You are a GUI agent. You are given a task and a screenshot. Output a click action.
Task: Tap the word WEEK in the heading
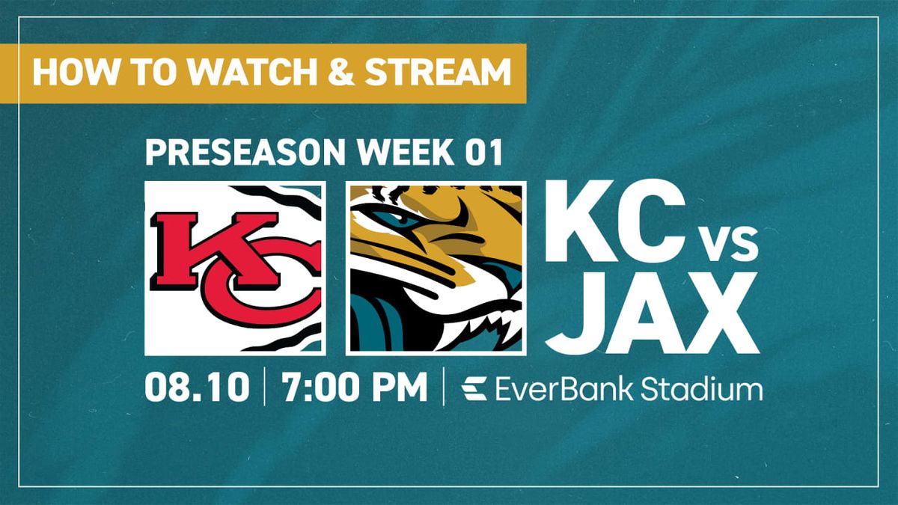coord(404,153)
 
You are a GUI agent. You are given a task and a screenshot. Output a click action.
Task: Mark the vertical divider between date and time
coord(265,388)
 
